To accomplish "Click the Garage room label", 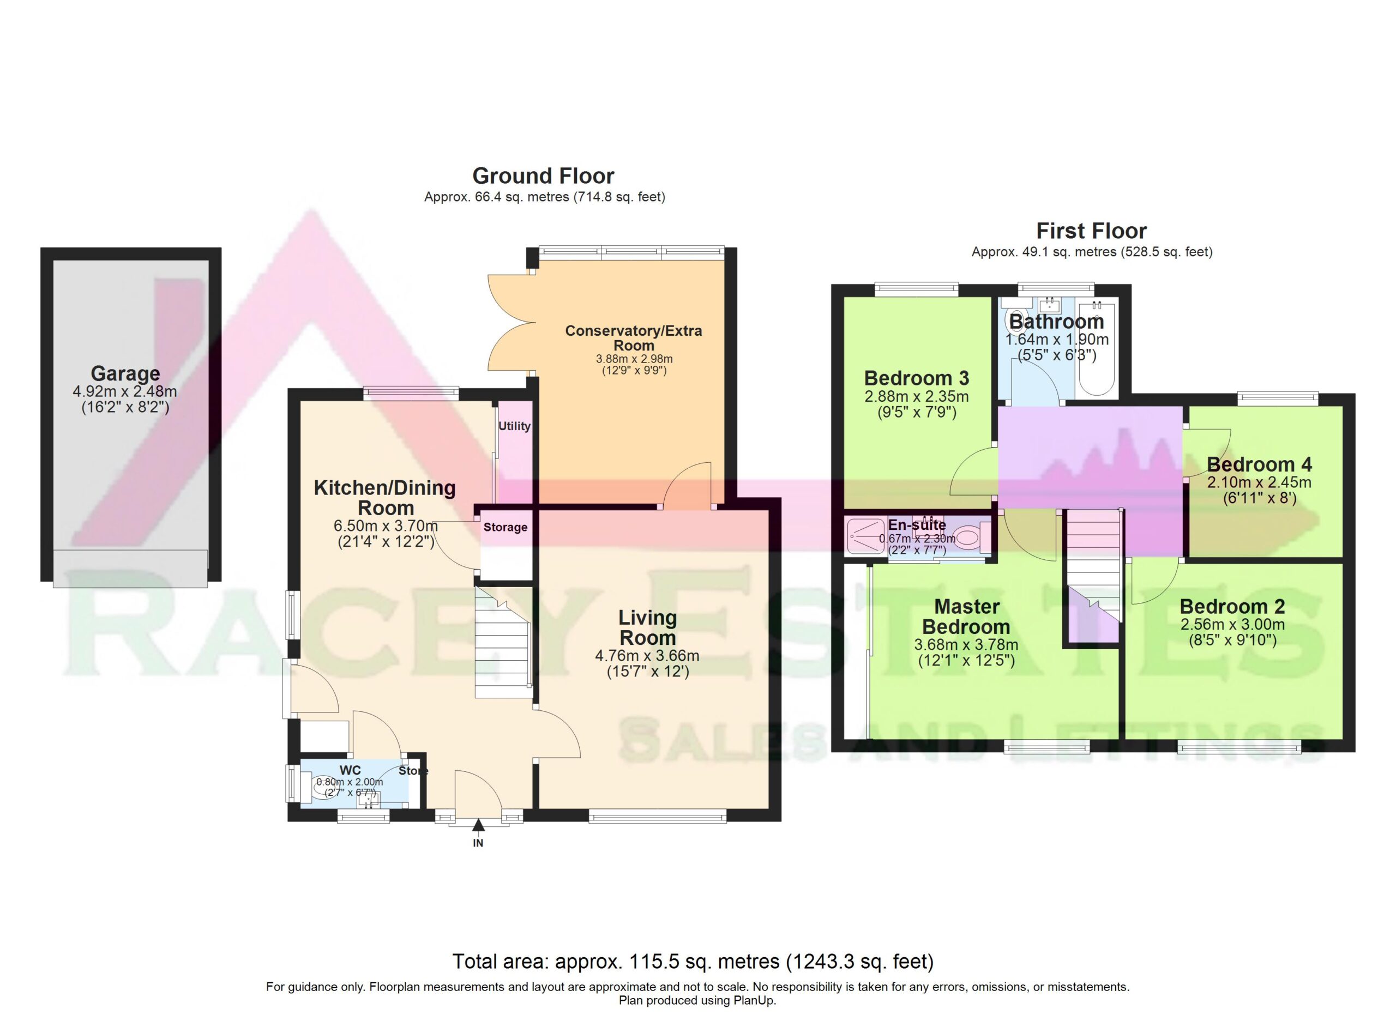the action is pyautogui.click(x=125, y=373).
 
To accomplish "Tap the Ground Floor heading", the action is pyautogui.click(x=543, y=176).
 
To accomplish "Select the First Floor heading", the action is pyautogui.click(x=1091, y=231).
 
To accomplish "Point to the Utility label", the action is pyautogui.click(x=515, y=426).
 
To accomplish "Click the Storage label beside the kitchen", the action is pyautogui.click(x=506, y=527).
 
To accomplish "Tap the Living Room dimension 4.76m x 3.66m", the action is pyautogui.click(x=647, y=656).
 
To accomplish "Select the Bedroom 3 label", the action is pyautogui.click(x=917, y=378).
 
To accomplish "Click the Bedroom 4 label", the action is pyautogui.click(x=1259, y=464).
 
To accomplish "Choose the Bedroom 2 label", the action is pyautogui.click(x=1232, y=607).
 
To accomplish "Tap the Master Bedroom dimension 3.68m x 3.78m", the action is pyautogui.click(x=966, y=645).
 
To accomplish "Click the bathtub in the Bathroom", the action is pyautogui.click(x=1096, y=348).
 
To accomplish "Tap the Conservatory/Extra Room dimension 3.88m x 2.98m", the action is pyautogui.click(x=634, y=359).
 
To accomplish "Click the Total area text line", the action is pyautogui.click(x=693, y=961).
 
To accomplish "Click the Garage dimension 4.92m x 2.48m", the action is pyautogui.click(x=125, y=391).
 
